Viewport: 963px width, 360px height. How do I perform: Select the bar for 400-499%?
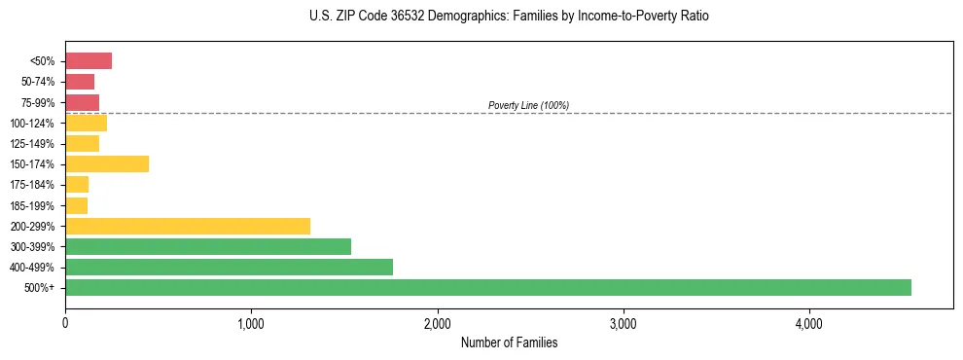[229, 267]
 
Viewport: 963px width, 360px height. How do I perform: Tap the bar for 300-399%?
[208, 246]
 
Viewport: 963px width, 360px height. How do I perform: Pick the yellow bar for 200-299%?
[188, 226]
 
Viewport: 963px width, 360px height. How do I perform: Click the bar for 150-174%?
[107, 163]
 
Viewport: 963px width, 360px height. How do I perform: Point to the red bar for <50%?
[89, 61]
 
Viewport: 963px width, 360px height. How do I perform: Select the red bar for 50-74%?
[80, 82]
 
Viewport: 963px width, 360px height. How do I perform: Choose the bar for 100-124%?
[86, 123]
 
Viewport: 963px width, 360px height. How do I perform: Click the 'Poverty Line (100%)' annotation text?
[528, 105]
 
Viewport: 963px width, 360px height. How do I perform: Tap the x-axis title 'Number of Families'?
[509, 342]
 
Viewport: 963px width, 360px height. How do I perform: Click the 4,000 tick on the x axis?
[808, 323]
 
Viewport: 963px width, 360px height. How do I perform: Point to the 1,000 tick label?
[251, 323]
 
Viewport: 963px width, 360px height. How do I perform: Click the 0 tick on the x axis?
[65, 323]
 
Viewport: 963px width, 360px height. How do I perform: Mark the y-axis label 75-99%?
[38, 103]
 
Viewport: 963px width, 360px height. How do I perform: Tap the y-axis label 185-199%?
[35, 205]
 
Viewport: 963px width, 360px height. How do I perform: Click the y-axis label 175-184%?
[35, 185]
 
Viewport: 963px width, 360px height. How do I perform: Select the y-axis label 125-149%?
[35, 144]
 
